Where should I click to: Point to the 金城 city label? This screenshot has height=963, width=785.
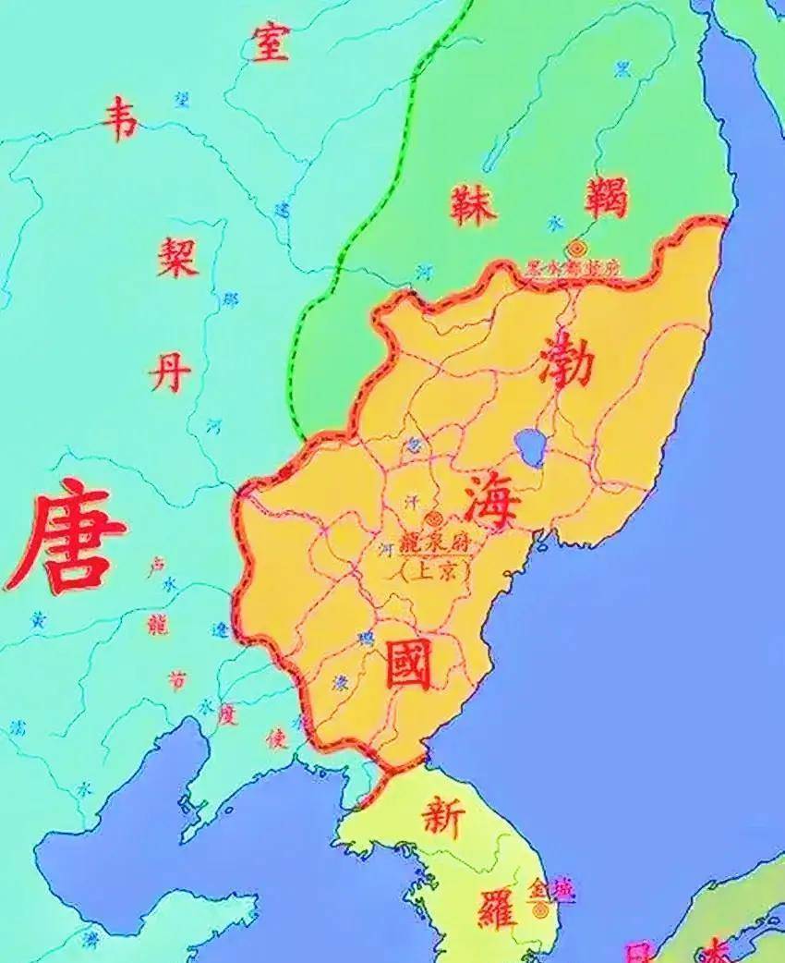tap(549, 889)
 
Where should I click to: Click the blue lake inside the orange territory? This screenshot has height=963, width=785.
tap(530, 446)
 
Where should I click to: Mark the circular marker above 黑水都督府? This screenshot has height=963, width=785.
tap(577, 248)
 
